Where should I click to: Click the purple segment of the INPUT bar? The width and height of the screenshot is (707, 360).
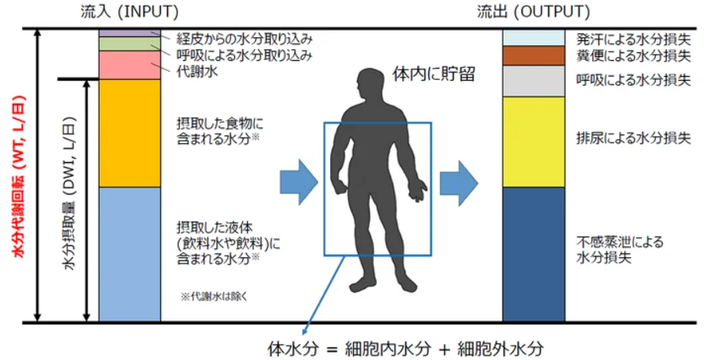click(x=129, y=33)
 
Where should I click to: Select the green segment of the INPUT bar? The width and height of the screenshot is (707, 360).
click(x=129, y=44)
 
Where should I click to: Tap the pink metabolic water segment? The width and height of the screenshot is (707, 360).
click(x=129, y=65)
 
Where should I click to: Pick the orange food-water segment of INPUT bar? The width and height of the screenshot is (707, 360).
click(x=129, y=133)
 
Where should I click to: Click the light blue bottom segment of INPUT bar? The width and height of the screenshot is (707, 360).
click(x=129, y=254)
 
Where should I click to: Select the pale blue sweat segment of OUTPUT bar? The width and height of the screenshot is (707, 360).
click(x=534, y=37)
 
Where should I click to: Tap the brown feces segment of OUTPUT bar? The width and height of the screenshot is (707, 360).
click(x=534, y=55)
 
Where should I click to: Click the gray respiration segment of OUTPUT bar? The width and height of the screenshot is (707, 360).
click(x=534, y=81)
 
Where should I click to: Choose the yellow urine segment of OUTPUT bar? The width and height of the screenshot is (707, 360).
click(x=534, y=142)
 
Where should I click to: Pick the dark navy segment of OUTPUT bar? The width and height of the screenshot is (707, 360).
click(x=534, y=254)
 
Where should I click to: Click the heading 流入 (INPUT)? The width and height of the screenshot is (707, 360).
click(x=129, y=12)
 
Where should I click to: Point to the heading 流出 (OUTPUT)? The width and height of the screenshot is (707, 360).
click(x=534, y=12)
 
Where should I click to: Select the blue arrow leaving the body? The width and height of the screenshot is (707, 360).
click(x=459, y=183)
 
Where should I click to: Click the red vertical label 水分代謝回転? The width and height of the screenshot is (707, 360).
click(x=19, y=176)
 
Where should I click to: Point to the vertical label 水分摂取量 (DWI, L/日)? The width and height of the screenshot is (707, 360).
click(x=70, y=194)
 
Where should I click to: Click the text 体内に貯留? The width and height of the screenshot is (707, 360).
click(x=433, y=74)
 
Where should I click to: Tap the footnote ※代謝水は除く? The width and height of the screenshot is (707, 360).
click(x=214, y=297)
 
